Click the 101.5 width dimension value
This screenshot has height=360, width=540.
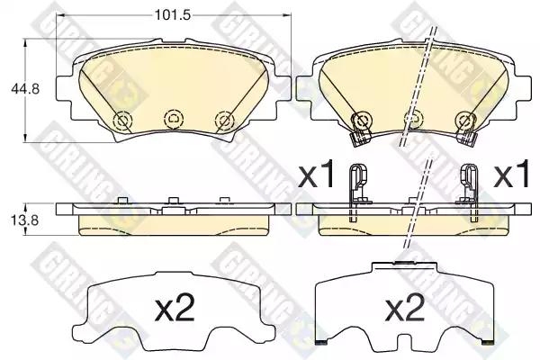tap(173, 14)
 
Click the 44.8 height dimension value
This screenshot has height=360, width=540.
tap(25, 89)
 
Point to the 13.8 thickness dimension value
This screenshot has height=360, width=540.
tap(25, 220)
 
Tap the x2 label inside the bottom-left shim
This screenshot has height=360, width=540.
tap(175, 309)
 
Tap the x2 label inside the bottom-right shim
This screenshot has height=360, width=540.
tap(405, 309)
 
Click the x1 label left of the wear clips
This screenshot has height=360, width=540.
tap(317, 175)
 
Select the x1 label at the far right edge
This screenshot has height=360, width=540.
tap(511, 175)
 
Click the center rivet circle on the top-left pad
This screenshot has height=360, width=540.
tap(174, 119)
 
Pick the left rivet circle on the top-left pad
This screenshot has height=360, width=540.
tap(123, 121)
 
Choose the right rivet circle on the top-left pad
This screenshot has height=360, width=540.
tap(224, 121)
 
